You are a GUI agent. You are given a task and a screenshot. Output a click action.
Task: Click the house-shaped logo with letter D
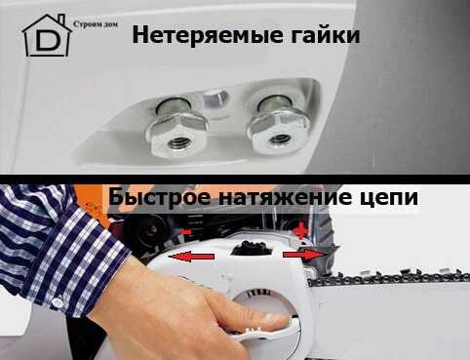pos(47,36)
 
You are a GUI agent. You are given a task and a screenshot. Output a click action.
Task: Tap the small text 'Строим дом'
pos(96,24)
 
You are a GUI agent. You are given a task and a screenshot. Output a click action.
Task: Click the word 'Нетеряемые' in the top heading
pos(207,35)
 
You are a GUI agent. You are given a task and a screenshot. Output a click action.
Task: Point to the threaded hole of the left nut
pos(177,140)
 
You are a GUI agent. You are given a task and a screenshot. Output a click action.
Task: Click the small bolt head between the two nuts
pos(215,99)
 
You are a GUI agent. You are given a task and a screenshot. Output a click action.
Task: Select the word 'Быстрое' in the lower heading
pos(160,197)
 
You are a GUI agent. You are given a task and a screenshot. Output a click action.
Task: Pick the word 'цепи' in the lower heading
pos(388,198)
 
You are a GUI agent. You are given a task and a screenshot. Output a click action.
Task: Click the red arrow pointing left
pos(191,257)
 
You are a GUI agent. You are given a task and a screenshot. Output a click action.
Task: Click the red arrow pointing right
pos(304,255)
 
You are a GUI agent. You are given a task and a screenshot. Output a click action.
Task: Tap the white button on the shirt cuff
pos(58,302)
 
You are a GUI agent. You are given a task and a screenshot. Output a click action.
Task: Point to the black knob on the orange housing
pos(147,230)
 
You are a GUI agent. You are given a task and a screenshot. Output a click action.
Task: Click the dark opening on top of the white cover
pos(252,249)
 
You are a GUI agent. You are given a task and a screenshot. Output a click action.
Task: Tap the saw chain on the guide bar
pos(388,277)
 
